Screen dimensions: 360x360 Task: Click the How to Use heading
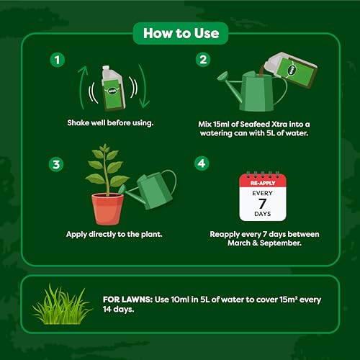[x=180, y=32]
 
